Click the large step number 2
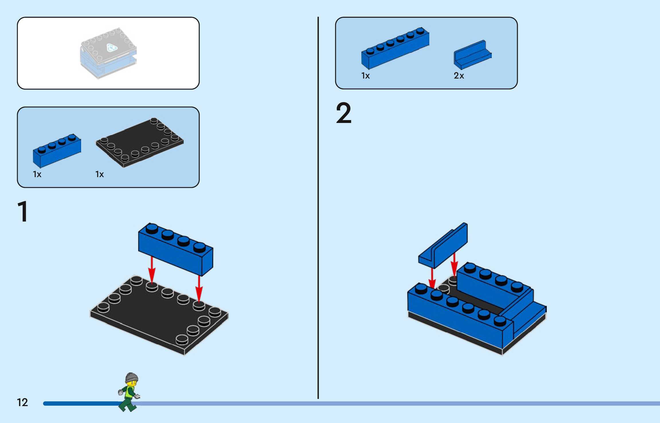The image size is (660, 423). click(x=343, y=113)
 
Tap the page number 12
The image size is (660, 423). click(x=22, y=402)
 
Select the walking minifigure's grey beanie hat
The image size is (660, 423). click(x=132, y=377)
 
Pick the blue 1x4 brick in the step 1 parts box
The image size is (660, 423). click(x=57, y=150)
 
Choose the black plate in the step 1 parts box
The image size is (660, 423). click(x=140, y=142)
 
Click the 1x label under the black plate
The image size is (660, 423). click(x=99, y=174)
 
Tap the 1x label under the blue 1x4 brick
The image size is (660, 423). click(x=37, y=174)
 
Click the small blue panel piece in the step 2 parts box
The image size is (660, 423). click(x=472, y=55)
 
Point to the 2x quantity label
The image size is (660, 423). click(x=459, y=76)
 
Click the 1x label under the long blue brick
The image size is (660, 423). click(x=365, y=76)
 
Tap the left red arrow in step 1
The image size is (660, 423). click(x=152, y=269)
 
